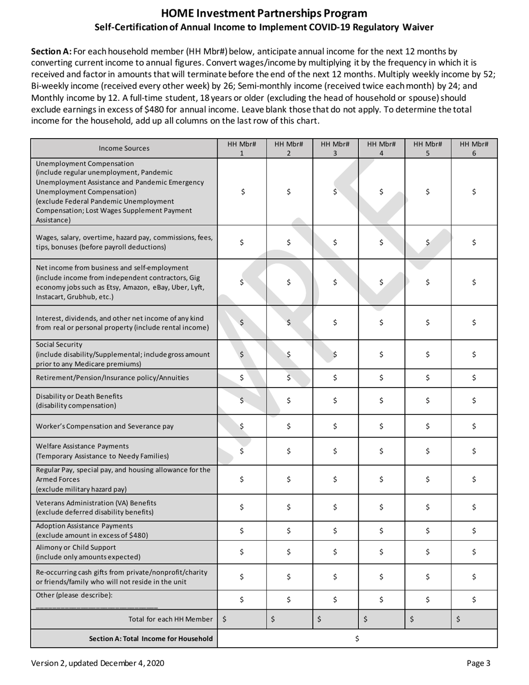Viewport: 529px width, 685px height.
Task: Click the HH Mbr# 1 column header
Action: tap(242, 148)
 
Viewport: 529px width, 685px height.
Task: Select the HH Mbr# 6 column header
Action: tap(473, 148)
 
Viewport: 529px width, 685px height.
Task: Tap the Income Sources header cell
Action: tap(124, 148)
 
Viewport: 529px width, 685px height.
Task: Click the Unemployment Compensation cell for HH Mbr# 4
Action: tap(381, 192)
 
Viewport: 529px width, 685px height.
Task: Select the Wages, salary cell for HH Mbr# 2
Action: tap(288, 242)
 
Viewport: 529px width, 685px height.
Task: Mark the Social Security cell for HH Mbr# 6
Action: tap(473, 354)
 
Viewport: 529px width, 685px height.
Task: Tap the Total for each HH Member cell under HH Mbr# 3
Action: tap(335, 619)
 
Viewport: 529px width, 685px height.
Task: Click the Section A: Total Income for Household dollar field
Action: tap(357, 638)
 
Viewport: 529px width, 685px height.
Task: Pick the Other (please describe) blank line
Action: tap(96, 606)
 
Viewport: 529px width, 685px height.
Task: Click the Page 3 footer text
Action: tap(482, 663)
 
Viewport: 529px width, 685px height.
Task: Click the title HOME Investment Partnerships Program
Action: tap(264, 13)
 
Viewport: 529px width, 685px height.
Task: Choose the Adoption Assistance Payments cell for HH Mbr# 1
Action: tap(242, 530)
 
